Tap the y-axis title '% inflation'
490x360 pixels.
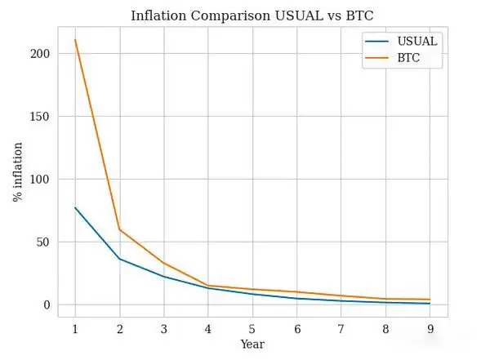click(x=18, y=172)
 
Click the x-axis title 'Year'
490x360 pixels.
click(x=252, y=344)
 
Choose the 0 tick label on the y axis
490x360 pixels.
click(x=47, y=305)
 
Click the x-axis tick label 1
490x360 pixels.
click(x=75, y=328)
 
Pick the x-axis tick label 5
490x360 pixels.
click(x=252, y=328)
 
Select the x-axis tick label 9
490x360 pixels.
click(x=430, y=328)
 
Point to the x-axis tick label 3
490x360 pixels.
click(x=163, y=328)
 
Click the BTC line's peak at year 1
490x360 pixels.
click(x=75, y=40)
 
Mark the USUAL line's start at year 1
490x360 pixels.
click(x=75, y=208)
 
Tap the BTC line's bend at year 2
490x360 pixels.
click(x=119, y=229)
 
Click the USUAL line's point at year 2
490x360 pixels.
click(x=119, y=259)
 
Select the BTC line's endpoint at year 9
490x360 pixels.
click(x=430, y=300)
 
